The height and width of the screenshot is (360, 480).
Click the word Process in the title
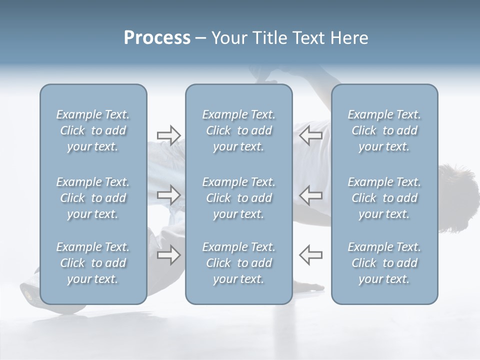(x=157, y=38)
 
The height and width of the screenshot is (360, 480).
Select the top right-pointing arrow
(x=169, y=135)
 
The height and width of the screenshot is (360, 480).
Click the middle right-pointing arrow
(x=169, y=195)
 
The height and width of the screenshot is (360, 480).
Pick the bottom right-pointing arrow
(x=169, y=255)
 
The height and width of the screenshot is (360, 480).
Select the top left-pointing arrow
(x=310, y=135)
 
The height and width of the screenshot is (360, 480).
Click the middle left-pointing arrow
(x=310, y=195)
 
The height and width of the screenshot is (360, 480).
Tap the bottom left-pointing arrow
(x=310, y=255)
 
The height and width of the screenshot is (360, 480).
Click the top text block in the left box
(x=93, y=130)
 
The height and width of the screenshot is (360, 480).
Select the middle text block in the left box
(x=93, y=198)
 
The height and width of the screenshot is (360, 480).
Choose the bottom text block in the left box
(x=93, y=263)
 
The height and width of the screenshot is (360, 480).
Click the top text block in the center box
(x=238, y=130)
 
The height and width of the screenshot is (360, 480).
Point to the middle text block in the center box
(x=238, y=198)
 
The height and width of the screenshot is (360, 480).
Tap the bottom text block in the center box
(x=238, y=263)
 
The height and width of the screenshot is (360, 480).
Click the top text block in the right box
(x=384, y=130)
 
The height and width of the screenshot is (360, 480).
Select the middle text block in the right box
(x=384, y=198)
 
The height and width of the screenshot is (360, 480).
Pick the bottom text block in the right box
(x=384, y=263)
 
